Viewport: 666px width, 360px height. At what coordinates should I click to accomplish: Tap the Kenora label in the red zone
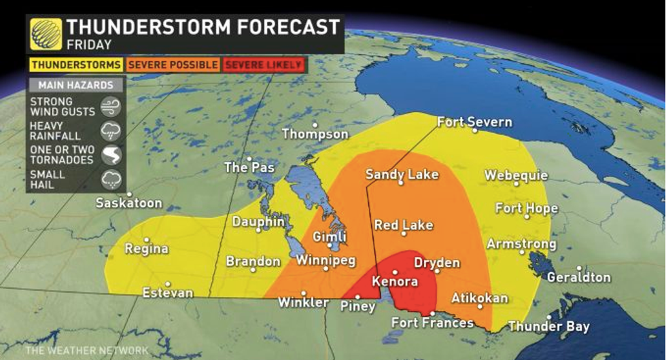(394, 281)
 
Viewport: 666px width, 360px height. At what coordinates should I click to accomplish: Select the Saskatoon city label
(128, 203)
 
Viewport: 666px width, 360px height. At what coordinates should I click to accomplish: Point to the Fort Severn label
(474, 122)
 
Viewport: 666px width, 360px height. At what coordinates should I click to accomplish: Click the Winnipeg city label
(326, 261)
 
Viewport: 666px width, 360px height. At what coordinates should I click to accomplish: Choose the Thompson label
(315, 134)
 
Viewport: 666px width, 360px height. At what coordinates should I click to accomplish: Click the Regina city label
(146, 249)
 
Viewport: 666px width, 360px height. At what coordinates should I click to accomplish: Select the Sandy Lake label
(402, 175)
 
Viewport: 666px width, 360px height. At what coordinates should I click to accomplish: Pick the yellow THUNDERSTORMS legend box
(75, 65)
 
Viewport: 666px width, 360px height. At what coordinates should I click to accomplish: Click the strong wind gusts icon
(110, 107)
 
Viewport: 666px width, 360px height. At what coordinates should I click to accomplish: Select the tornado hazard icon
(110, 155)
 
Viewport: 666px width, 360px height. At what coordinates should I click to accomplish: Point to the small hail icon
(110, 179)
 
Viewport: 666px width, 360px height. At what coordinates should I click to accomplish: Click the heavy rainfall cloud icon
(110, 131)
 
